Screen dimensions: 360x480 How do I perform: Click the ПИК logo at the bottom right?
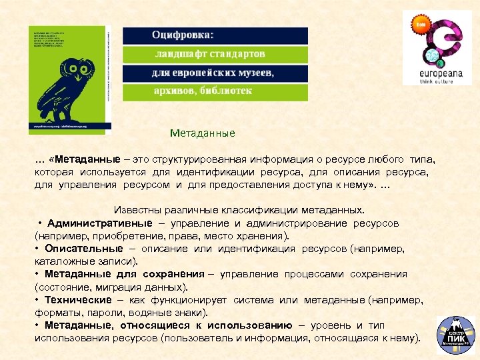pos(455,335)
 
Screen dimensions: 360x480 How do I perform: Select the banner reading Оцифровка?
pos(215,35)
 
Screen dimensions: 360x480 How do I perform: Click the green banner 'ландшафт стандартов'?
pos(215,54)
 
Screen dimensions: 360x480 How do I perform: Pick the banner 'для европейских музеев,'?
pos(215,73)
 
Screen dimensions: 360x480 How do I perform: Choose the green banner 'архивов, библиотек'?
pos(215,91)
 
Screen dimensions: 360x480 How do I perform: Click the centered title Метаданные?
pos(202,133)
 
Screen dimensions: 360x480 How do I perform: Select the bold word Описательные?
pos(83,249)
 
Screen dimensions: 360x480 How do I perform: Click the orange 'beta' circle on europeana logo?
pos(421,24)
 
